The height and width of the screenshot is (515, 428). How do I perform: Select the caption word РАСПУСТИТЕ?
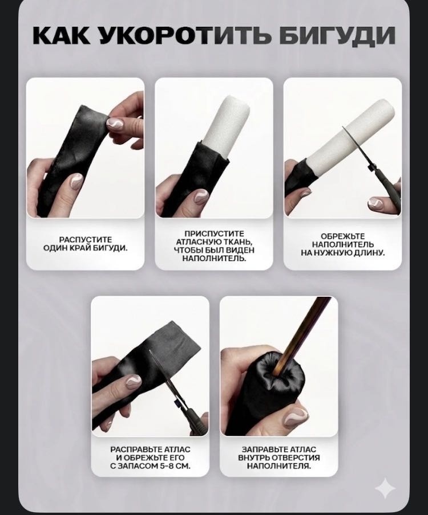tap(86, 239)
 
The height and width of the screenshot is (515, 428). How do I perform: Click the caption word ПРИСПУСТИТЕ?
tap(214, 234)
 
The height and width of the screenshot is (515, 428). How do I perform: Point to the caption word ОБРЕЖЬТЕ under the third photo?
tap(343, 236)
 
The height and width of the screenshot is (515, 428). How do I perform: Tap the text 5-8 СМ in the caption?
tap(175, 466)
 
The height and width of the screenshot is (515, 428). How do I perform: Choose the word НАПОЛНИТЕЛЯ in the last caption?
tap(278, 466)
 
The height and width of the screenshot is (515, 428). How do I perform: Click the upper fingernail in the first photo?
tap(115, 125)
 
